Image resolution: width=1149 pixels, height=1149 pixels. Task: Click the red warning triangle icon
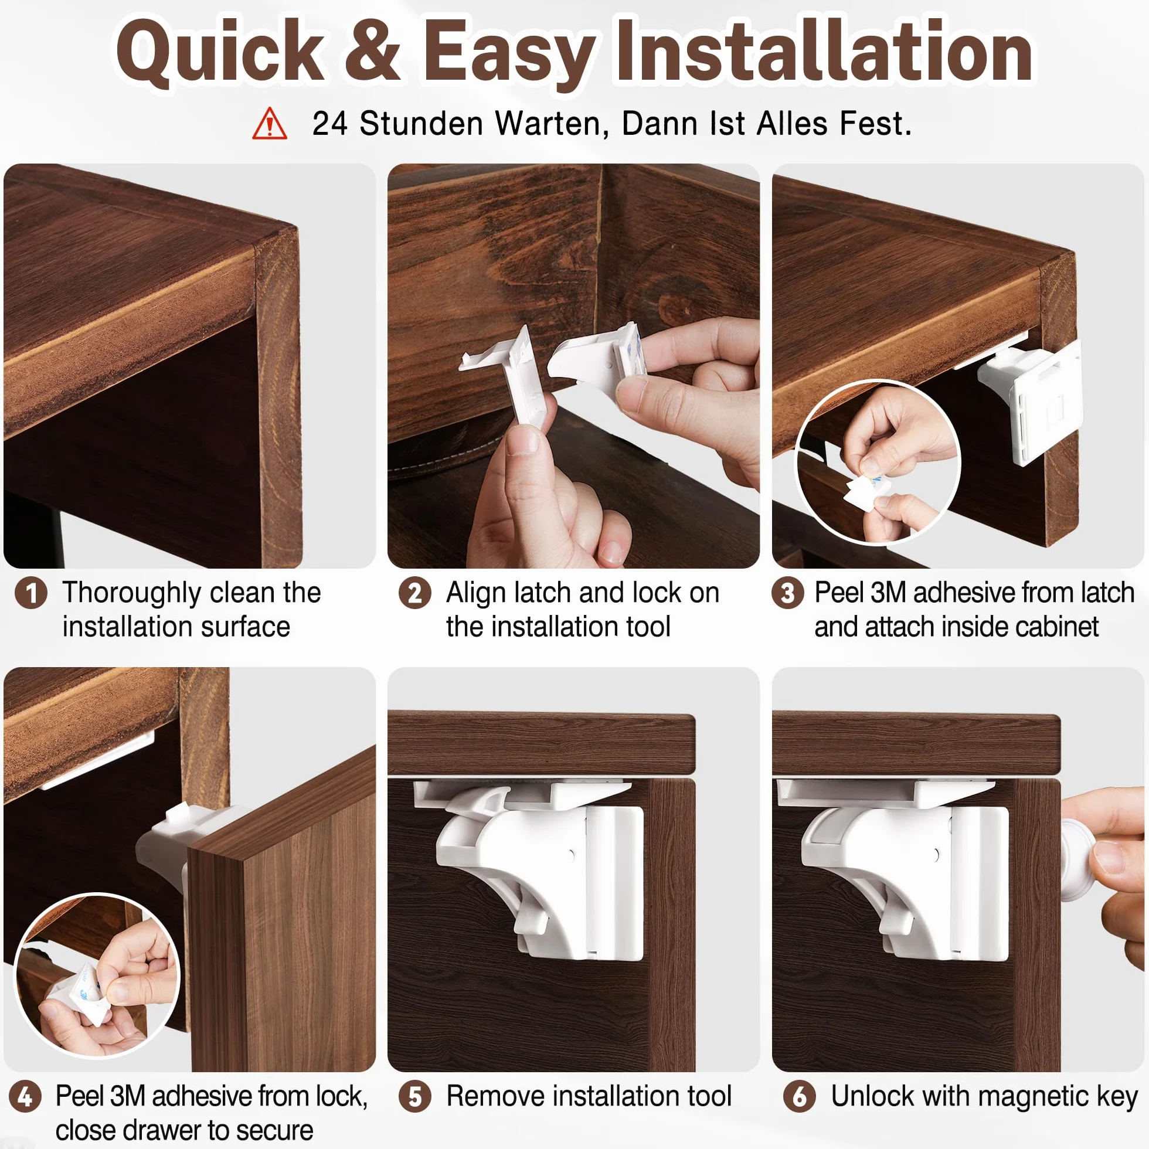(x=270, y=124)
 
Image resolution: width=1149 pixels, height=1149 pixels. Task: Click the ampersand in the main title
(x=372, y=50)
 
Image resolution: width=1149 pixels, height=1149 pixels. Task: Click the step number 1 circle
(x=31, y=593)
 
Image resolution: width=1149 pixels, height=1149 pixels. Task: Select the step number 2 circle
(x=414, y=593)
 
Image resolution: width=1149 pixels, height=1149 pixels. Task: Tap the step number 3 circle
(x=787, y=593)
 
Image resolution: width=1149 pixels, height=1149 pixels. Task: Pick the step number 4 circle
(x=25, y=1096)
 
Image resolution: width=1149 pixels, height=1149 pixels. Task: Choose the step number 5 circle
(x=414, y=1096)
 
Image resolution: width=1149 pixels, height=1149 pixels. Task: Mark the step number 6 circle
(x=799, y=1096)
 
